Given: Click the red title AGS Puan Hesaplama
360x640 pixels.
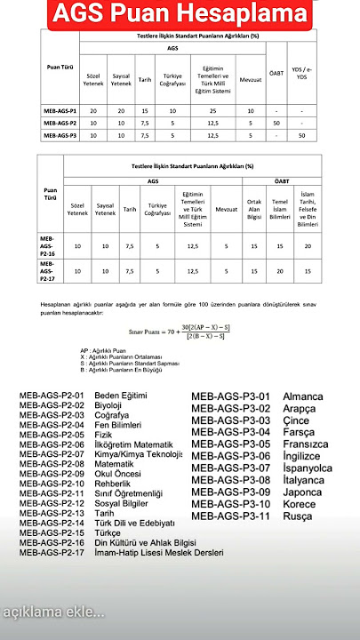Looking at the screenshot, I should coord(180,14).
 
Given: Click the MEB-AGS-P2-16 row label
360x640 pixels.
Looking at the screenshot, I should coord(49,244).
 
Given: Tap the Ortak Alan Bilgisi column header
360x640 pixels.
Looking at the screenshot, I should coord(254,208).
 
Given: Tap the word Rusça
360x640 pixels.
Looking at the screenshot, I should coord(298,516).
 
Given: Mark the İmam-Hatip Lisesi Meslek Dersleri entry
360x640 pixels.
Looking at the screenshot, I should coord(159,552).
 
